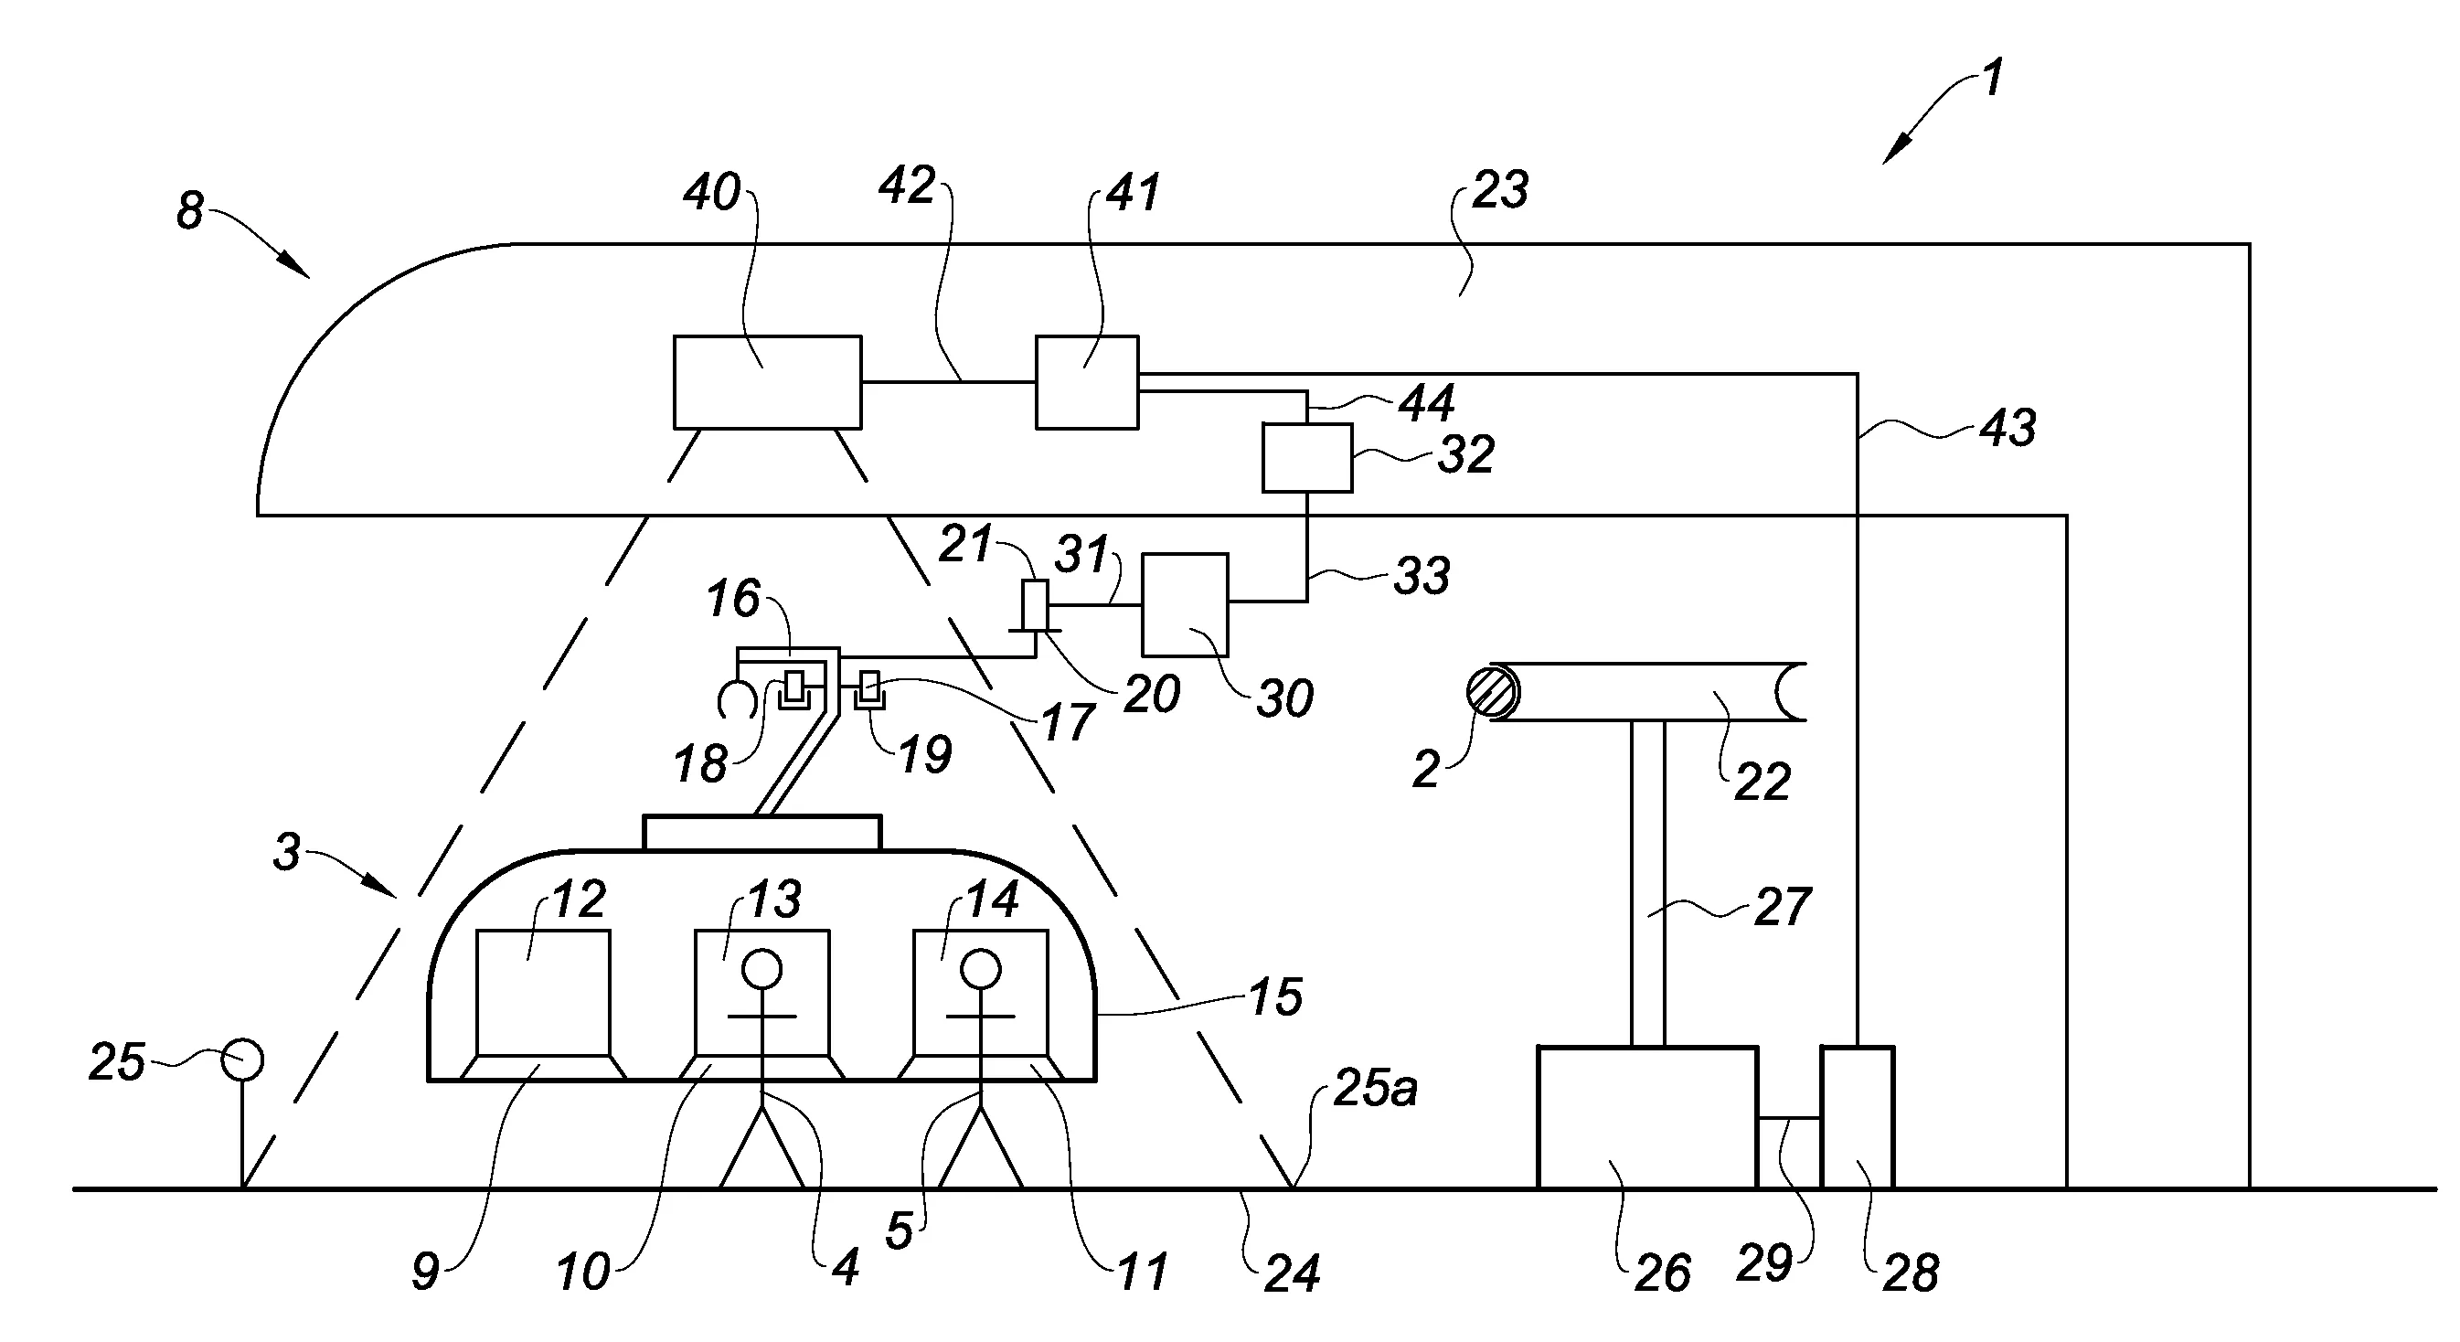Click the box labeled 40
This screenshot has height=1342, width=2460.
tap(767, 382)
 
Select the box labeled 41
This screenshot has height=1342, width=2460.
tap(1087, 382)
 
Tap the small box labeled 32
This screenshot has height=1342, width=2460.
tap(1306, 459)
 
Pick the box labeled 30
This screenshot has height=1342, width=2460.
tap(1185, 604)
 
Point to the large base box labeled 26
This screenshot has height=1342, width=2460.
tap(1646, 1117)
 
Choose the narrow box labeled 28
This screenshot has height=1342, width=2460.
tap(1857, 1117)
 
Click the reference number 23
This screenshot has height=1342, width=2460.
tap(1499, 191)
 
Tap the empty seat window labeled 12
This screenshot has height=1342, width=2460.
tap(542, 994)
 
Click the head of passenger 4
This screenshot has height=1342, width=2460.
tap(761, 971)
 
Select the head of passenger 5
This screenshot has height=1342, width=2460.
tap(980, 971)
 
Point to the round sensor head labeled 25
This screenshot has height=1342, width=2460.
tap(242, 1060)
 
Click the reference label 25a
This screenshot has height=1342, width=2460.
tap(1374, 1088)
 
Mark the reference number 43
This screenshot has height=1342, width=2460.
tap(2007, 427)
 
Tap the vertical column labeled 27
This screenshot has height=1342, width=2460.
tap(1647, 883)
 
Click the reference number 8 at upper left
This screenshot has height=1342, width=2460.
tap(190, 211)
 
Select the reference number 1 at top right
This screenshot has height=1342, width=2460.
tap(1992, 79)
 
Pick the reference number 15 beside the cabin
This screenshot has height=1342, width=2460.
tap(1275, 996)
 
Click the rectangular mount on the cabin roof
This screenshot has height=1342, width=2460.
tap(762, 833)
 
